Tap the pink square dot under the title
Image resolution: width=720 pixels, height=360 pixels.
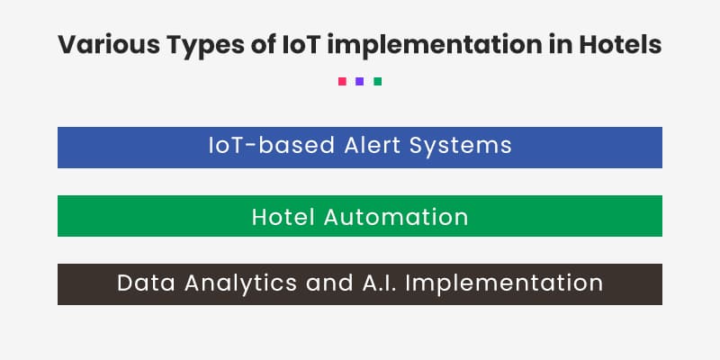point(342,81)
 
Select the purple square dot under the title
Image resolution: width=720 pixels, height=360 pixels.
point(360,81)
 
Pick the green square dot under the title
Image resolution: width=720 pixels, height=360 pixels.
point(378,81)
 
